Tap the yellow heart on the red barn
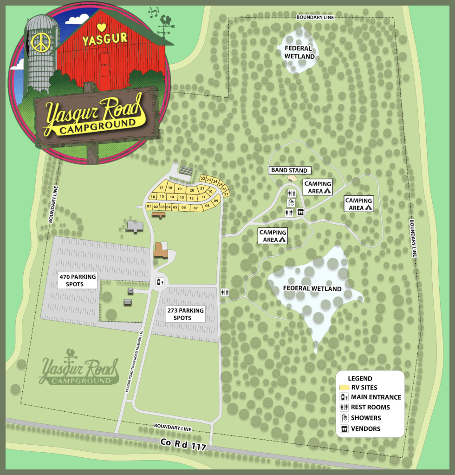click(x=102, y=27)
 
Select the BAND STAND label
click(x=290, y=170)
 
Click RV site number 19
click(x=179, y=189)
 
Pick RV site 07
click(x=195, y=208)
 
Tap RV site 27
click(x=227, y=194)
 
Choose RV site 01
click(x=149, y=206)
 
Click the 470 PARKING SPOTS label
click(x=78, y=280)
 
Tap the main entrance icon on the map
click(x=159, y=281)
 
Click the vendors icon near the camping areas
click(x=300, y=213)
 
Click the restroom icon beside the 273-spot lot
click(x=225, y=292)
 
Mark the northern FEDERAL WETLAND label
click(x=299, y=52)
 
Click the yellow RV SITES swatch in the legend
click(x=344, y=388)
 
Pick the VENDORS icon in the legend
click(x=344, y=429)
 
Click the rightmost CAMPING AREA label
click(x=358, y=204)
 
